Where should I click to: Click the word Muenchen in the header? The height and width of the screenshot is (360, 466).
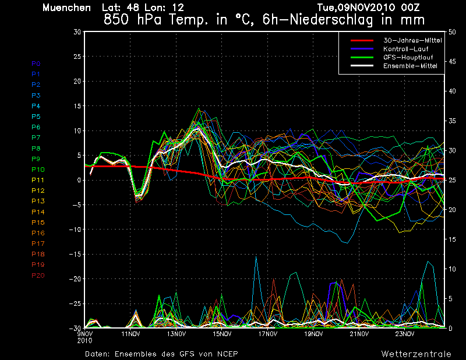point(66,8)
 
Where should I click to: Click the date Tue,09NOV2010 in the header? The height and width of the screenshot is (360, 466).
point(356,8)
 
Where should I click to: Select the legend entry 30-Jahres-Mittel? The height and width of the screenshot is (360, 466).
point(412,40)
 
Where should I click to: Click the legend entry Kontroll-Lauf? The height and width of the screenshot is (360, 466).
point(406,49)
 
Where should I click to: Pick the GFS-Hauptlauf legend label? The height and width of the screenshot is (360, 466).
point(408,57)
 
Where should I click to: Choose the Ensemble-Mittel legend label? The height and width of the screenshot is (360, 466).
point(410,66)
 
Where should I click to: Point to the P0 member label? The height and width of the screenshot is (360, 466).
point(36,63)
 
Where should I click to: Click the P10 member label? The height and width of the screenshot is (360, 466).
point(38,170)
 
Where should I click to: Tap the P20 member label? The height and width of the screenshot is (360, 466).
point(38,276)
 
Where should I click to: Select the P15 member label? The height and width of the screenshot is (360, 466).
point(38,223)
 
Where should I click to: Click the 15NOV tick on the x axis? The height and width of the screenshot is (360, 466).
point(222,334)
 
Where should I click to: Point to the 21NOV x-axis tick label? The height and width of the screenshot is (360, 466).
point(359,334)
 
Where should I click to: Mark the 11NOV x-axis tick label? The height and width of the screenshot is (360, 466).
point(130,334)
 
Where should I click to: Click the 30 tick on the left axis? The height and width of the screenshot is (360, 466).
point(77,32)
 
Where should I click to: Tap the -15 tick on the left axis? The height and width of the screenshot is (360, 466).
point(75,254)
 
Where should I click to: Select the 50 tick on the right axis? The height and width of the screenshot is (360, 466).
point(452,32)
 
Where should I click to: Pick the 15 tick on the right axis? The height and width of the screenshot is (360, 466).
point(452,239)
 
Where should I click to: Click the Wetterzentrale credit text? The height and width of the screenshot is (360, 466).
point(416,354)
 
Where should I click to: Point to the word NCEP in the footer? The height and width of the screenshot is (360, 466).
point(227,354)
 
